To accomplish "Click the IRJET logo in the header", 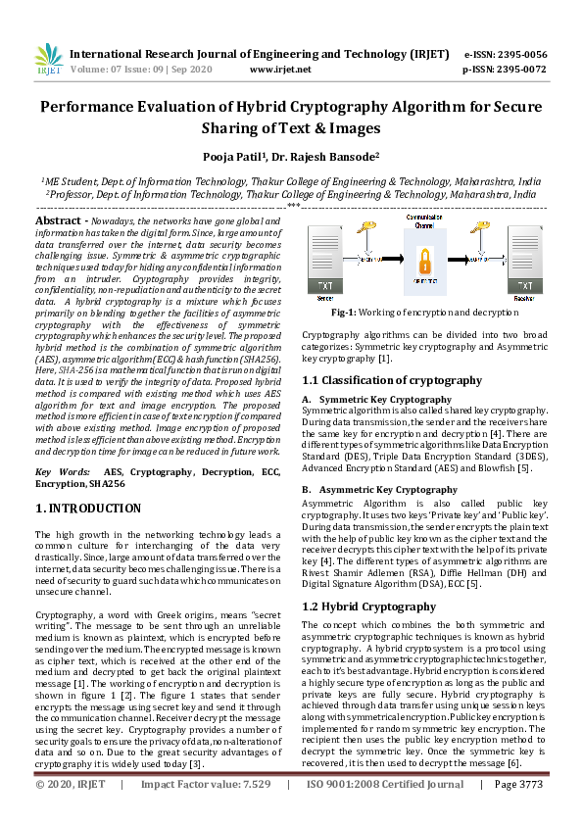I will click(49, 61).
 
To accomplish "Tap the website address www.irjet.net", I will click(280, 70).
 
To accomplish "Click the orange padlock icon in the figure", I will click(423, 262).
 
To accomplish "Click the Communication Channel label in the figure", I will click(423, 219).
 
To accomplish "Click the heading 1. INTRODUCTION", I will click(88, 509).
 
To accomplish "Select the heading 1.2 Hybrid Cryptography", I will click(367, 607).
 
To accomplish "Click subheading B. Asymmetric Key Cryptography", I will click(365, 489).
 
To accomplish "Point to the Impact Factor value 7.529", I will click(257, 811).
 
